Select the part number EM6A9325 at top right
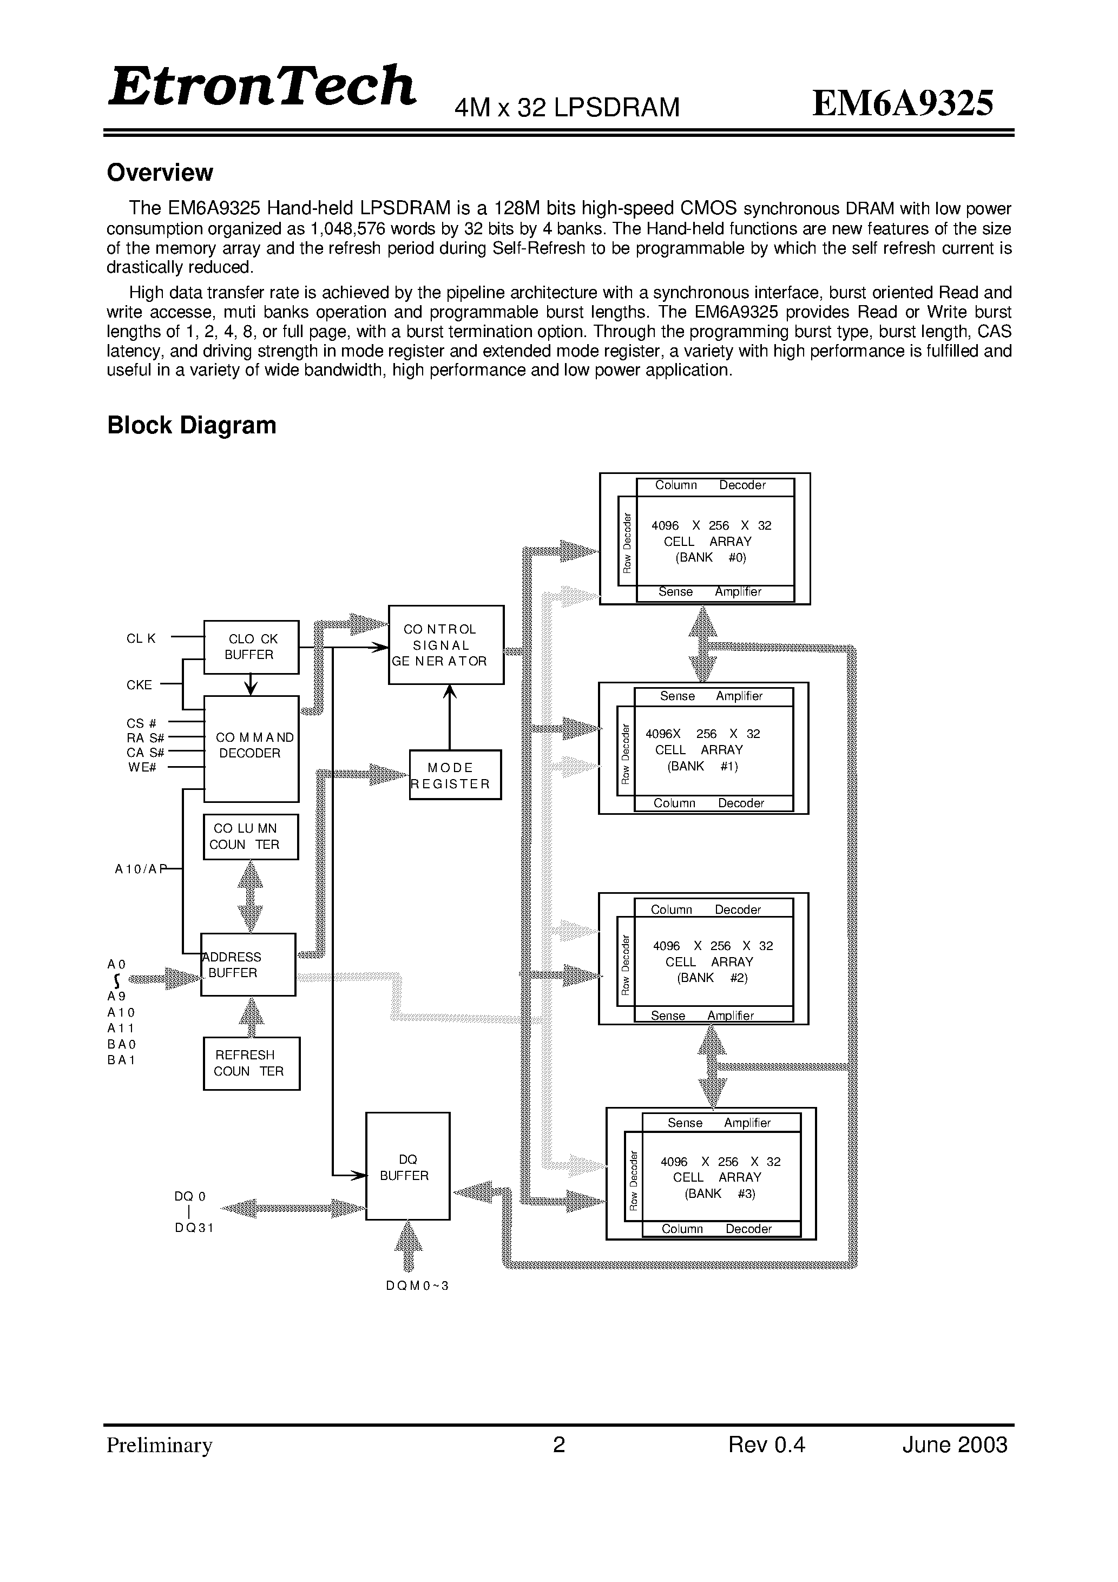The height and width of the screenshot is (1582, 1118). (x=903, y=103)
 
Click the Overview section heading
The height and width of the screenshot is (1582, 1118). (x=160, y=172)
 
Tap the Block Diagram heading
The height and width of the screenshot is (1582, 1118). (x=192, y=425)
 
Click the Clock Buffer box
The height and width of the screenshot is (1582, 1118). (x=252, y=647)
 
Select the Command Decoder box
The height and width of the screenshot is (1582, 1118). (x=252, y=749)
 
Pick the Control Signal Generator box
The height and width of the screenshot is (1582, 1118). (x=446, y=645)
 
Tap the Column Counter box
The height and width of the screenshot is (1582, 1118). (x=251, y=837)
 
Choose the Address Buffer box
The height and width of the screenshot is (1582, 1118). (x=248, y=965)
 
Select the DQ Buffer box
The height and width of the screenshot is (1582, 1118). (x=407, y=1166)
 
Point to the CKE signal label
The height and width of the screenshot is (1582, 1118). (x=139, y=685)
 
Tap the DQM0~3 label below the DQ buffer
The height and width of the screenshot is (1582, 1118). (x=418, y=1286)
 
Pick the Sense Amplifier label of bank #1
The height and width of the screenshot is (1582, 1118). (x=711, y=696)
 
